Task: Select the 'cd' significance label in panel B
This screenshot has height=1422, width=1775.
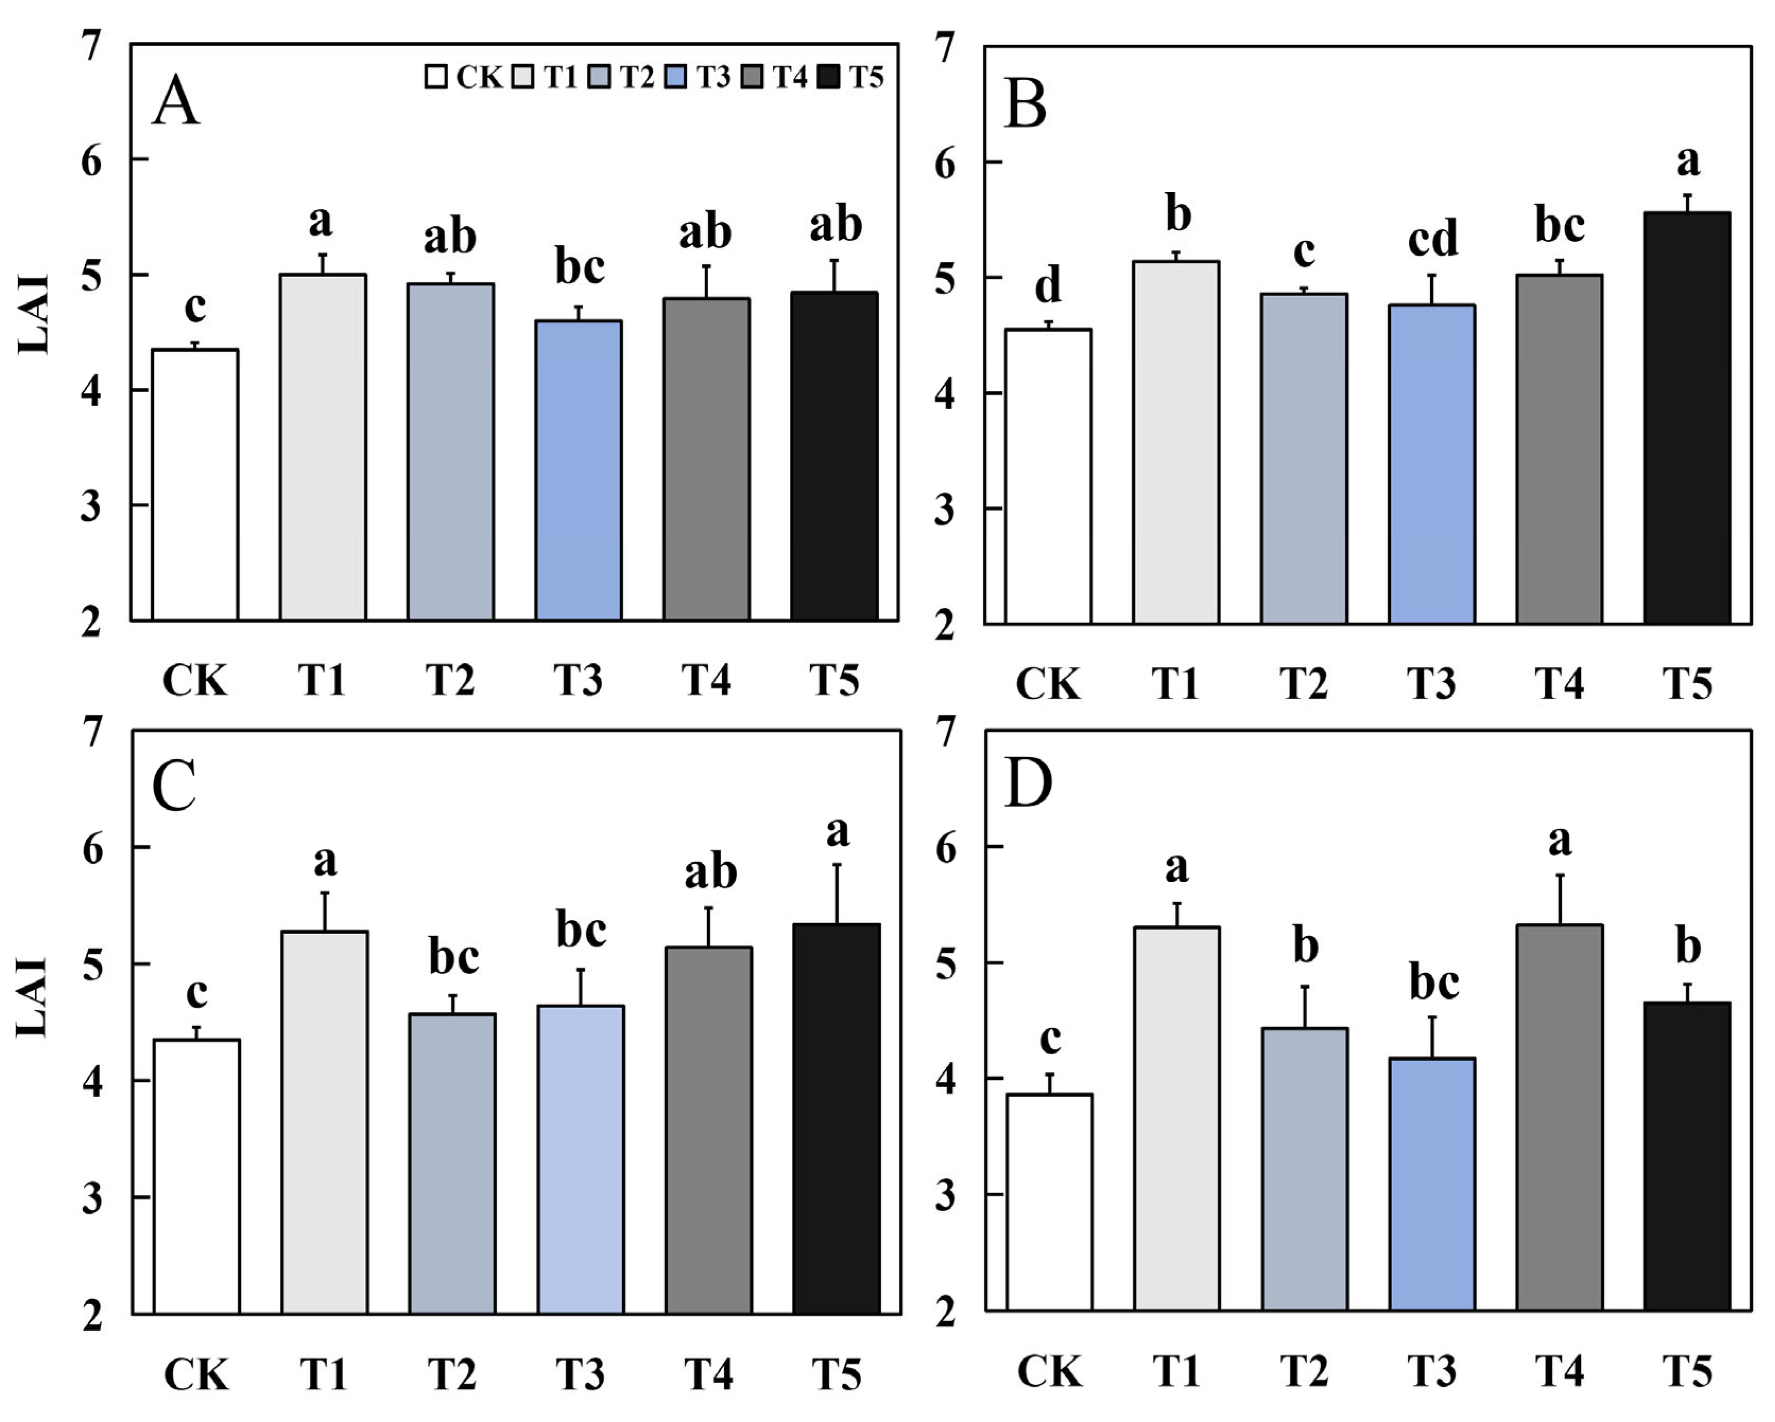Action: tap(1432, 239)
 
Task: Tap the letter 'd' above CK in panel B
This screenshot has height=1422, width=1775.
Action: tap(1048, 285)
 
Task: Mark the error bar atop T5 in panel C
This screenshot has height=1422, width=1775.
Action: tap(837, 894)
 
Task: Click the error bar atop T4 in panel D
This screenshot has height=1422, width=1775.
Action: tap(1559, 900)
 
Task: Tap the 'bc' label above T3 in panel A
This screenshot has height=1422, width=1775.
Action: tap(580, 267)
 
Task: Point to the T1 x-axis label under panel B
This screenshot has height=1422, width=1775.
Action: tap(1176, 683)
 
